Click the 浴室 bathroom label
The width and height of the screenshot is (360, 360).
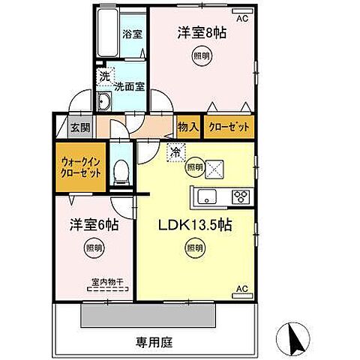click(136, 34)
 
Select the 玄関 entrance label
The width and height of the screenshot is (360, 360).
click(80, 127)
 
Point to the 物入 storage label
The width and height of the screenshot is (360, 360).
click(187, 127)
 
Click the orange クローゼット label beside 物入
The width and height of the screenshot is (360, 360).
click(228, 127)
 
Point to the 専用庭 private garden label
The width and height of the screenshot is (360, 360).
click(154, 343)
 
